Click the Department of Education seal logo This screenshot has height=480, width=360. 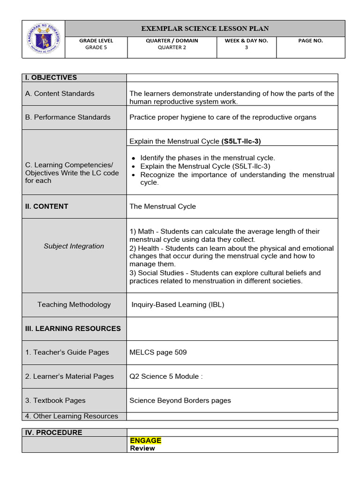pyautogui.click(x=44, y=39)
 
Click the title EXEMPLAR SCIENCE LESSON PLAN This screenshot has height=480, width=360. pyautogui.click(x=205, y=29)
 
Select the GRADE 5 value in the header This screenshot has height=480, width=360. pyautogui.click(x=96, y=47)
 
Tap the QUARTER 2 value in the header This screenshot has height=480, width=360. pyautogui.click(x=172, y=47)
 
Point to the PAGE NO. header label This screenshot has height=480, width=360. pyautogui.click(x=310, y=41)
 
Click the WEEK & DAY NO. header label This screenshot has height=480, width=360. pyautogui.click(x=246, y=41)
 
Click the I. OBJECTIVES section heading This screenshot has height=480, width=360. pyautogui.click(x=51, y=78)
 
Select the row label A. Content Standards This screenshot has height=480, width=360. pyautogui.click(x=60, y=94)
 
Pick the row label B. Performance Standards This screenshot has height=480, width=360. pyautogui.click(x=67, y=117)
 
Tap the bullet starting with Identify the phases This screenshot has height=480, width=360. pyautogui.click(x=208, y=158)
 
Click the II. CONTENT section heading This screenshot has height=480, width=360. pyautogui.click(x=46, y=206)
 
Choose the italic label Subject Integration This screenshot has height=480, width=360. pyautogui.click(x=74, y=246)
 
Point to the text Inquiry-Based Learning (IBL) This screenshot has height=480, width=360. pyautogui.click(x=178, y=305)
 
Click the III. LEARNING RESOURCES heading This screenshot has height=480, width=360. pyautogui.click(x=73, y=329)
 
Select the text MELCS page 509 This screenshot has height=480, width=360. pyautogui.click(x=158, y=352)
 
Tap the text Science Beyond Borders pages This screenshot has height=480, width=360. pyautogui.click(x=180, y=400)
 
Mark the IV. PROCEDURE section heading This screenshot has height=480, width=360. pyautogui.click(x=53, y=433)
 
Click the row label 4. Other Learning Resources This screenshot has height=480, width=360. pyautogui.click(x=71, y=416)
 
